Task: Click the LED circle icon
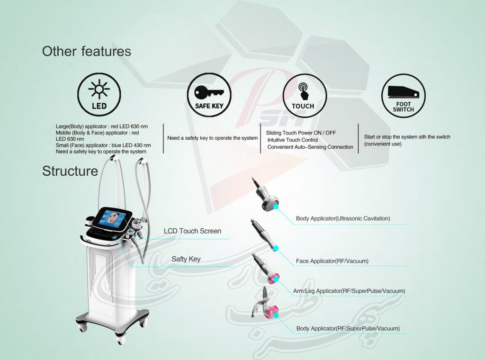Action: (x=99, y=95)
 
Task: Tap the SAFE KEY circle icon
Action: (x=209, y=95)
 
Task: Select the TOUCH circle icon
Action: (x=305, y=96)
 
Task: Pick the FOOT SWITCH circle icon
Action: (x=404, y=96)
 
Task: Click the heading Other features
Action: (x=87, y=51)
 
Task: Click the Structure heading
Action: (x=70, y=171)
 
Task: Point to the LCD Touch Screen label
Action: (x=192, y=231)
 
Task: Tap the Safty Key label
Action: (x=186, y=259)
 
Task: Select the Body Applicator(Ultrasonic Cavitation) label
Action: (x=343, y=218)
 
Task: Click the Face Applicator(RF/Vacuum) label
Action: (x=332, y=261)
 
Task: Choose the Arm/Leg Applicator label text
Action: (x=349, y=291)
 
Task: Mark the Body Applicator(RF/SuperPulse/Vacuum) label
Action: (x=348, y=328)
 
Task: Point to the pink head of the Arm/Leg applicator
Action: (x=273, y=279)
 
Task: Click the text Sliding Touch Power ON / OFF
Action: (x=301, y=133)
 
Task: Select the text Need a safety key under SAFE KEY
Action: (x=213, y=138)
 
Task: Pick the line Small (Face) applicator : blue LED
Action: (x=103, y=145)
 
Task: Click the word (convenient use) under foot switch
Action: (x=383, y=144)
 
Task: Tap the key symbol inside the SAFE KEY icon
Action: (x=209, y=92)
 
